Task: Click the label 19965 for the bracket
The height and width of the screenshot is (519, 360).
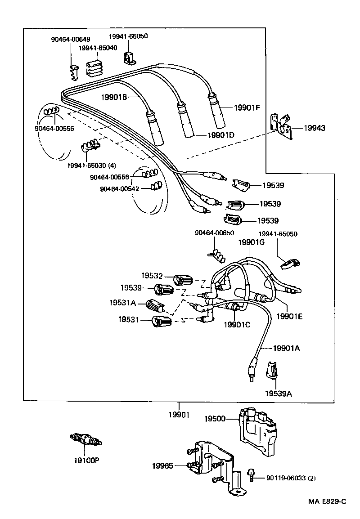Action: point(163,466)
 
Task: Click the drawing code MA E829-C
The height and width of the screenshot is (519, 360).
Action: point(327,501)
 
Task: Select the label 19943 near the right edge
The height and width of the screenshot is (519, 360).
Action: point(315,129)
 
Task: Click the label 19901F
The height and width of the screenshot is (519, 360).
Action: point(247,108)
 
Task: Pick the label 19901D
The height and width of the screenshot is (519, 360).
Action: point(221,135)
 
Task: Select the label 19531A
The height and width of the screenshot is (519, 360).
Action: point(122,303)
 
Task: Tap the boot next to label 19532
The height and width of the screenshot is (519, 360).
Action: point(183,280)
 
